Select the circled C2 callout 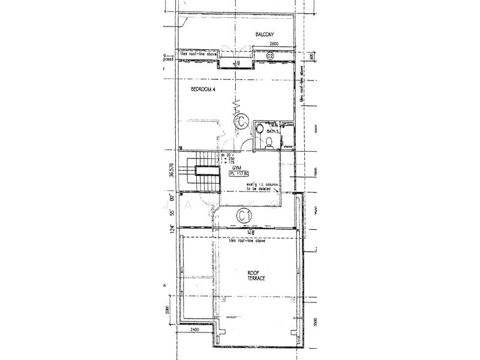tap(270, 56)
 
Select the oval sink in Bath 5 tap(258, 128)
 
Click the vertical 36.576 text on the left tap(172, 170)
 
